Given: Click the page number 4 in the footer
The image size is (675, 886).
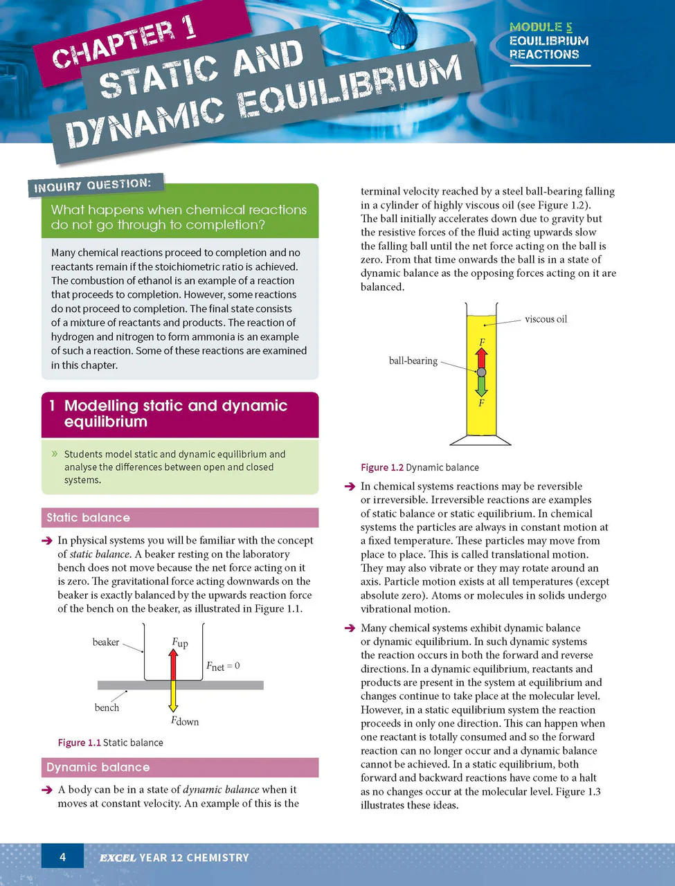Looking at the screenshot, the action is coord(62,856).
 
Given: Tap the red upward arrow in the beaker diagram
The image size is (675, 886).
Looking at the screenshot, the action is coord(173,664).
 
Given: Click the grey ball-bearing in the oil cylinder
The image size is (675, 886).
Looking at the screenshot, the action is coord(481,372).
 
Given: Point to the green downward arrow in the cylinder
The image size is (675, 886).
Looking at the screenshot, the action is coord(481,386).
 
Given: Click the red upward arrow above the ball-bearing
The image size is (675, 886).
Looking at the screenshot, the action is coord(481,358).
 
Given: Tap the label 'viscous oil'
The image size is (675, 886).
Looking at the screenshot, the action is coord(546,319).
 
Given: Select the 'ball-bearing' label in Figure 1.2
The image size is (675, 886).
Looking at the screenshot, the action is coord(413,361).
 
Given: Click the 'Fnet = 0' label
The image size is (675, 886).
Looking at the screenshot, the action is coord(223,666).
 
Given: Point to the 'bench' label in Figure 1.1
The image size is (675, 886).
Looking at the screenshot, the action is coord(107,707).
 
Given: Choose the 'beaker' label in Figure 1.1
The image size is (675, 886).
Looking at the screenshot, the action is coord(106,642).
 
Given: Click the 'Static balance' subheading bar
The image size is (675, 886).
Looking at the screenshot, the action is coord(180,518).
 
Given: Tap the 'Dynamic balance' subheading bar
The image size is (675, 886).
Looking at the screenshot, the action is coord(180,768).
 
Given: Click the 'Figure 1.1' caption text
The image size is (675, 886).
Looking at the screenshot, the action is coord(79,743).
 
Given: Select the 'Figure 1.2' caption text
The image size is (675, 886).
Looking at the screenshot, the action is coord(382,467).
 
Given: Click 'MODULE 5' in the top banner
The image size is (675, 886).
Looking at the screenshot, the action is coord(541,27).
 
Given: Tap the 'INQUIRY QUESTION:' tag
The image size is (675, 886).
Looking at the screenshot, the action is coord(93,186).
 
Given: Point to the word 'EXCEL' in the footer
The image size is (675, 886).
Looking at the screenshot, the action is coord(118,858).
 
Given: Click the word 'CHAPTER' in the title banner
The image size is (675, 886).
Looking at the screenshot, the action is coord(113,45).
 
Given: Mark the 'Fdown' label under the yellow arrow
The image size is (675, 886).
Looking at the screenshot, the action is coord(185,721).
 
